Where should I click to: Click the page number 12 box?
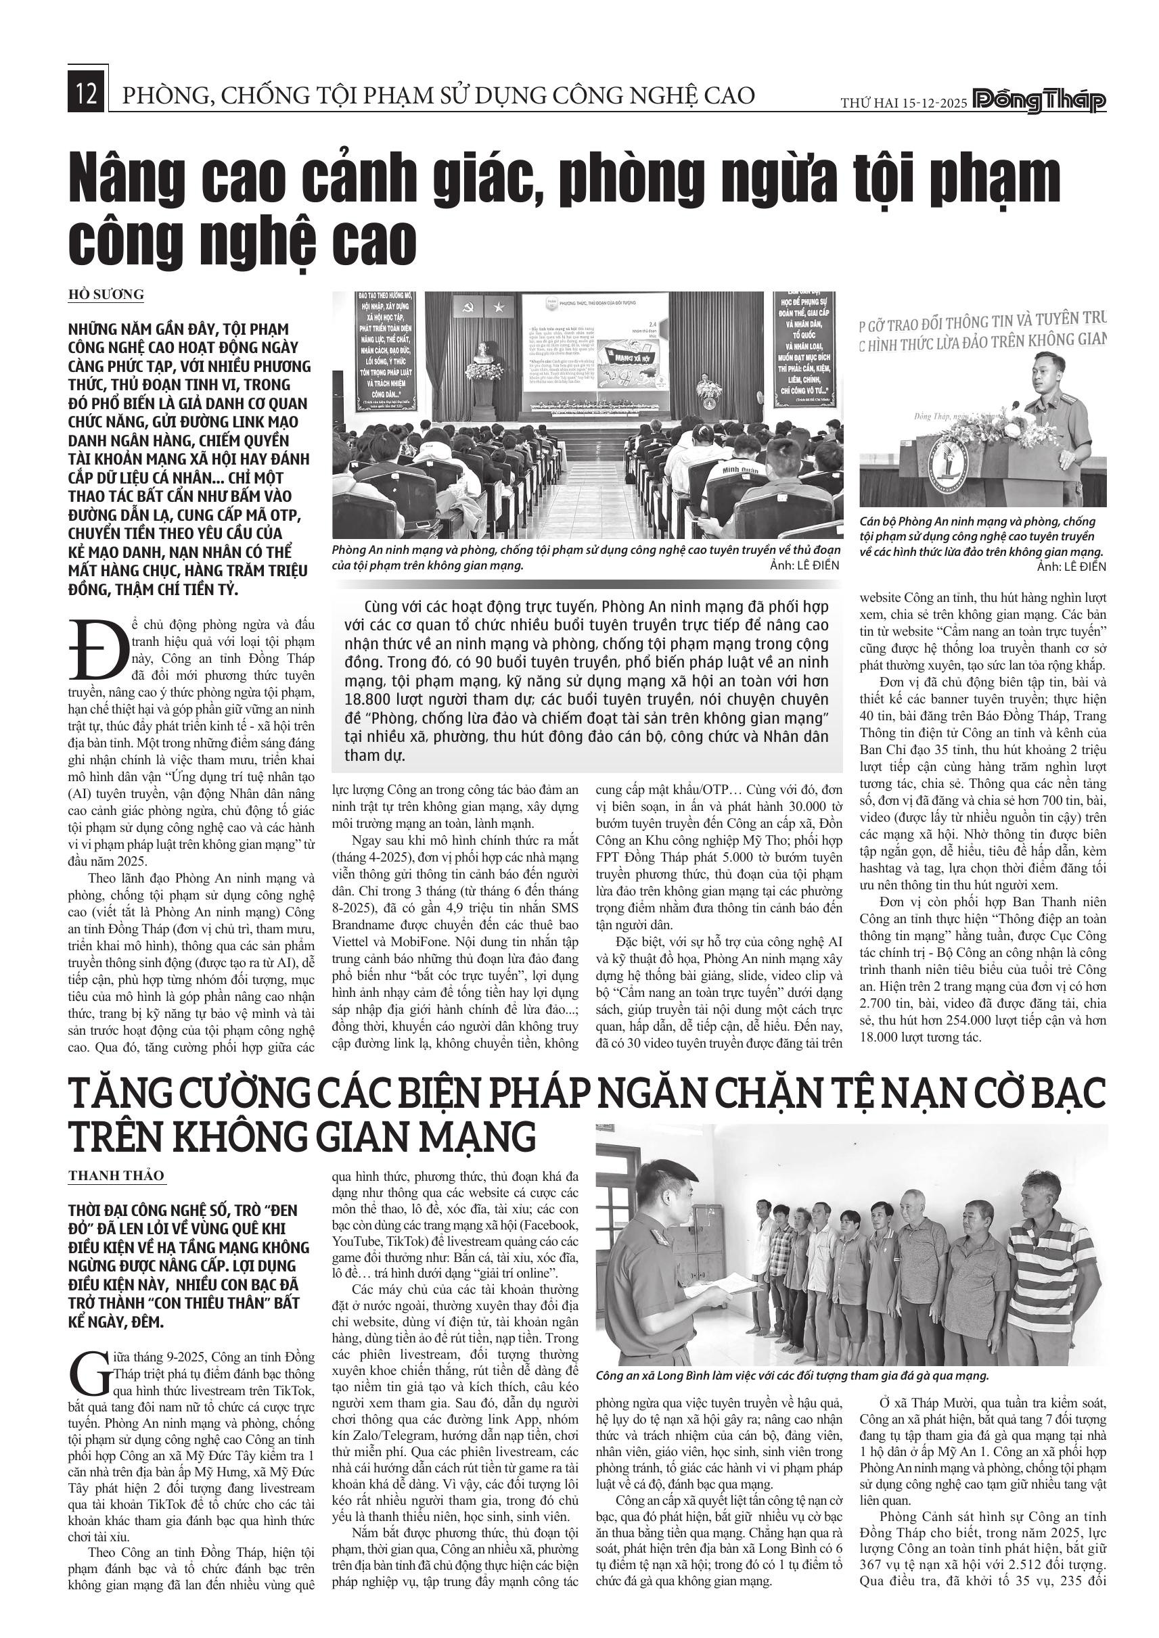click(x=87, y=94)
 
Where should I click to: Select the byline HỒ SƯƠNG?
click(x=106, y=295)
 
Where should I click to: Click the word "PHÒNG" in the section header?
click(x=161, y=95)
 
